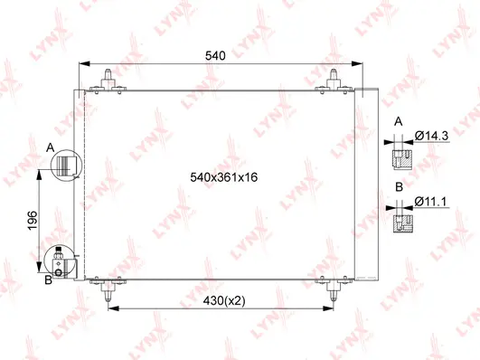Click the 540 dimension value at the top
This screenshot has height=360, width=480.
(x=214, y=55)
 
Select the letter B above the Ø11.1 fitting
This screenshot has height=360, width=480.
(x=398, y=188)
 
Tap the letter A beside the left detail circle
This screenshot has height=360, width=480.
(x=51, y=146)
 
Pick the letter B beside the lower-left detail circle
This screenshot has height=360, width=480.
(x=51, y=279)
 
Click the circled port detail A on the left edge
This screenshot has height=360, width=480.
(x=65, y=166)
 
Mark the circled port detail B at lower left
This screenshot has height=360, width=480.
(x=62, y=262)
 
